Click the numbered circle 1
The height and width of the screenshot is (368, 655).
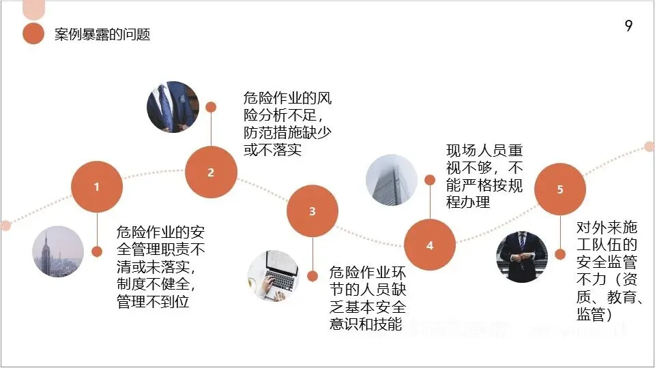[97, 186]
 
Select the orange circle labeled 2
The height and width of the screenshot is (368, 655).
[211, 172]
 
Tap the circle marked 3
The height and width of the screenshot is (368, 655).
[312, 211]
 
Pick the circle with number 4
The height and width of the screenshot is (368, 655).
[430, 245]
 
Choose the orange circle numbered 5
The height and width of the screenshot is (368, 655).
[560, 189]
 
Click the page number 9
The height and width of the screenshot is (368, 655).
[628, 27]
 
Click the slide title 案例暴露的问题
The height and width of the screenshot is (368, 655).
[102, 35]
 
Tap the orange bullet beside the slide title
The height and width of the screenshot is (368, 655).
[33, 34]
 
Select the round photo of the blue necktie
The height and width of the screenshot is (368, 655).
[173, 107]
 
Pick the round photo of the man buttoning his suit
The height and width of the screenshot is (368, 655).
[522, 257]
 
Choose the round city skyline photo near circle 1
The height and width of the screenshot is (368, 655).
[58, 251]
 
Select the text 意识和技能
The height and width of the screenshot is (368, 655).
[365, 324]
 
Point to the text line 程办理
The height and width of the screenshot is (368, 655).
[468, 202]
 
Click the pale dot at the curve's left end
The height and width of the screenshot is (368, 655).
[5, 226]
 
